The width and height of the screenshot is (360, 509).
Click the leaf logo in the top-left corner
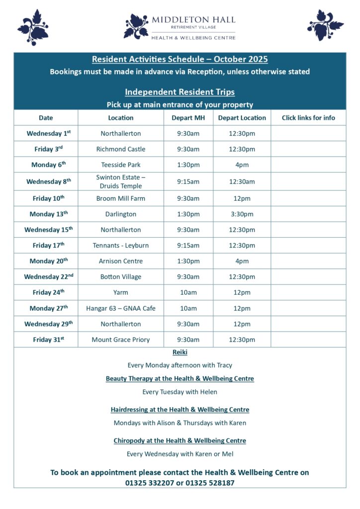click(x=33, y=27)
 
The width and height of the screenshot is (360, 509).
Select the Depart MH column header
click(x=188, y=118)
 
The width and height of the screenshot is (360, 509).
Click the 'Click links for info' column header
click(x=308, y=118)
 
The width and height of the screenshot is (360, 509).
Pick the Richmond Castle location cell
click(x=121, y=149)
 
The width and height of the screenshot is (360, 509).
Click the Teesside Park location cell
click(x=121, y=165)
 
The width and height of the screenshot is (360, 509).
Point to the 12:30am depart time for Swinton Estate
click(x=242, y=181)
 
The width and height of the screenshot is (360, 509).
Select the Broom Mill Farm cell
click(x=121, y=198)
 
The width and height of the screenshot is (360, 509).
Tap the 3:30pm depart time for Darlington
click(x=242, y=214)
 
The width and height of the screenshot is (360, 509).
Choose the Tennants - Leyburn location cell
click(x=121, y=246)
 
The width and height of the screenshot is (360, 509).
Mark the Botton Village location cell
click(x=121, y=277)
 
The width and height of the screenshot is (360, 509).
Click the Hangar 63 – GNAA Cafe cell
click(x=121, y=308)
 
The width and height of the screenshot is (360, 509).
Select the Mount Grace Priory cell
click(x=121, y=340)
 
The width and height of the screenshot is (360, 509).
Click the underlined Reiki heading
click(x=180, y=352)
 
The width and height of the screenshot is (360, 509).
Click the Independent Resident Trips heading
click(x=180, y=92)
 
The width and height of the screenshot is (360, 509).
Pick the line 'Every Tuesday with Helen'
click(x=180, y=392)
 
